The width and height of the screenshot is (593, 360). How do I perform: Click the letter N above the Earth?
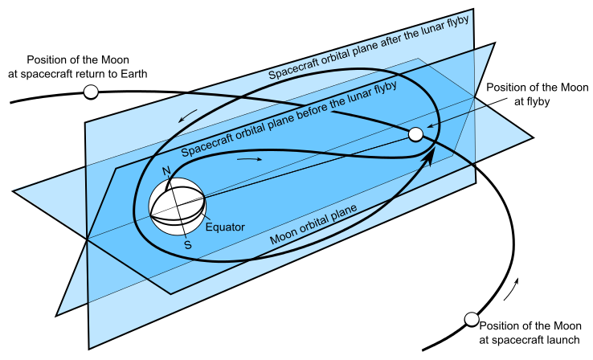(167, 170)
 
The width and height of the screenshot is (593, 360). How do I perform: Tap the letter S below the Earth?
(188, 244)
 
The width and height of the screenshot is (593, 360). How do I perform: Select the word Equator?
(225, 227)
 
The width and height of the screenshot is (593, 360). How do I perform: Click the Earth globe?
(178, 207)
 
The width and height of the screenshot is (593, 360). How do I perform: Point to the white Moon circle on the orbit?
(415, 134)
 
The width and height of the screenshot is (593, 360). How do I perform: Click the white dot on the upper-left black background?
(91, 92)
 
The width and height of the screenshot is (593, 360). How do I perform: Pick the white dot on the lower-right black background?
(472, 319)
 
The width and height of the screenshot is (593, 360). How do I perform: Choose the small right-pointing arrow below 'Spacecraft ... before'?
(250, 159)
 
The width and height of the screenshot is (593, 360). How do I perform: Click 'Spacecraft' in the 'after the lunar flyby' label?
(292, 71)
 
